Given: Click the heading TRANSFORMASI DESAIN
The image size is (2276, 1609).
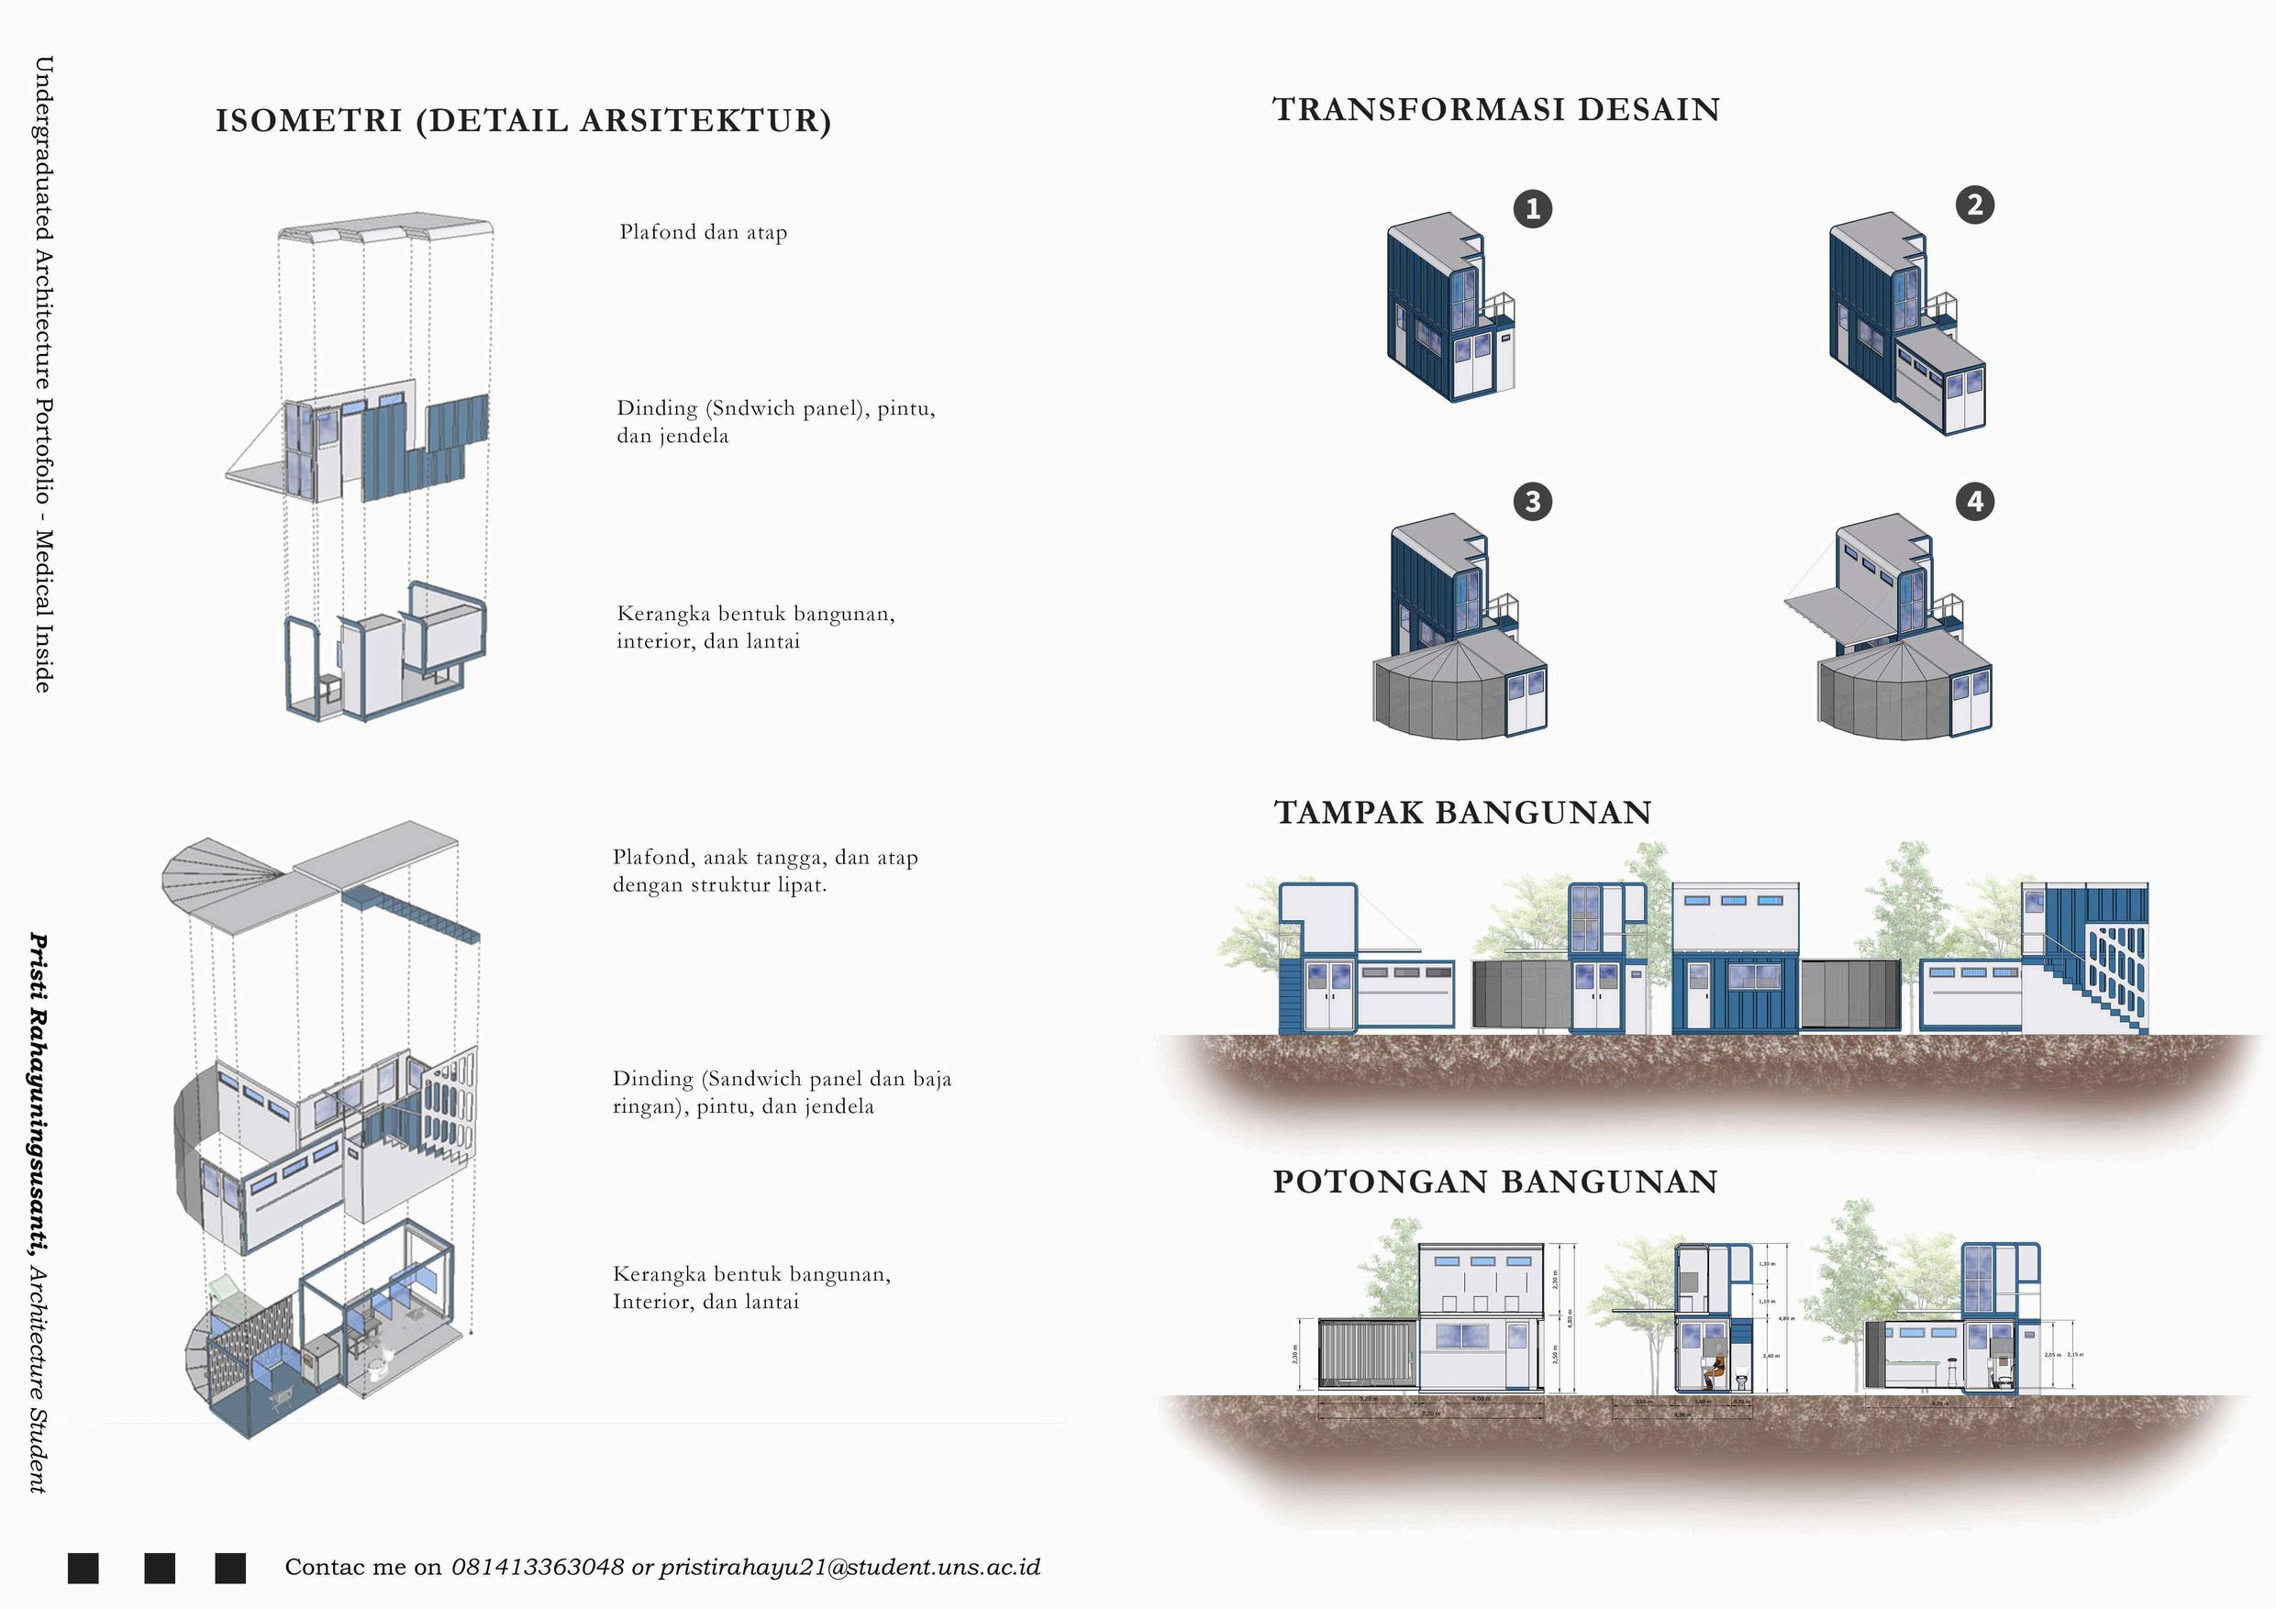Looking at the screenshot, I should [1496, 110].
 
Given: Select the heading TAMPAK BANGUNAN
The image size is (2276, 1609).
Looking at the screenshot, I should [1462, 813].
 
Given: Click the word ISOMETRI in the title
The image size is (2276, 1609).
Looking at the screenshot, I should [309, 121].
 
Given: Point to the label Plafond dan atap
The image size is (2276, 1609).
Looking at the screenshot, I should [703, 233].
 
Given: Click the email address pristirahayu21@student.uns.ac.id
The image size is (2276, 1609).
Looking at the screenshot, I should [849, 1568].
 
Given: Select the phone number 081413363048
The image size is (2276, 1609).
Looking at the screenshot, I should [538, 1568].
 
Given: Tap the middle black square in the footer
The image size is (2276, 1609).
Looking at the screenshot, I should [160, 1569].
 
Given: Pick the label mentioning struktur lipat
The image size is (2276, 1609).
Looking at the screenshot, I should [764, 871].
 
